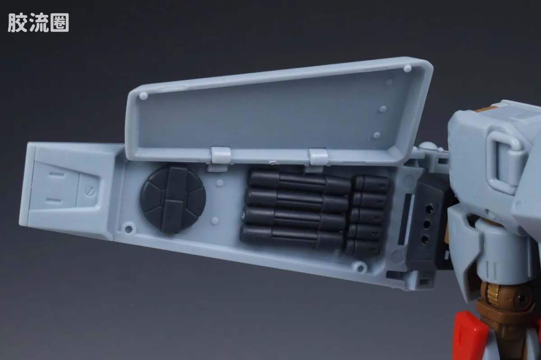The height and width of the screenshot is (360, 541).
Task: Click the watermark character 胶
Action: point(18,23)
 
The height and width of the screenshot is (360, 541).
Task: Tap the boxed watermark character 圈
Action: point(60,23)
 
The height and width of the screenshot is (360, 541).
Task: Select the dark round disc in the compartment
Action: point(173,199)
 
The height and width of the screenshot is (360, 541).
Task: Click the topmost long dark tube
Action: point(300,181)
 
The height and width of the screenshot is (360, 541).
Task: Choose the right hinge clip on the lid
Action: point(318,157)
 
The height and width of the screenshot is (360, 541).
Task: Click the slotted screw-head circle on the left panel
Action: point(90,191)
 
